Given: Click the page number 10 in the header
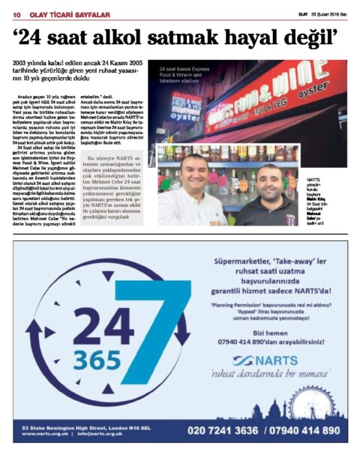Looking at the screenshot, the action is (14, 13).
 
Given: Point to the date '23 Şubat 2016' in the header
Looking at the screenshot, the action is (328, 13).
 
